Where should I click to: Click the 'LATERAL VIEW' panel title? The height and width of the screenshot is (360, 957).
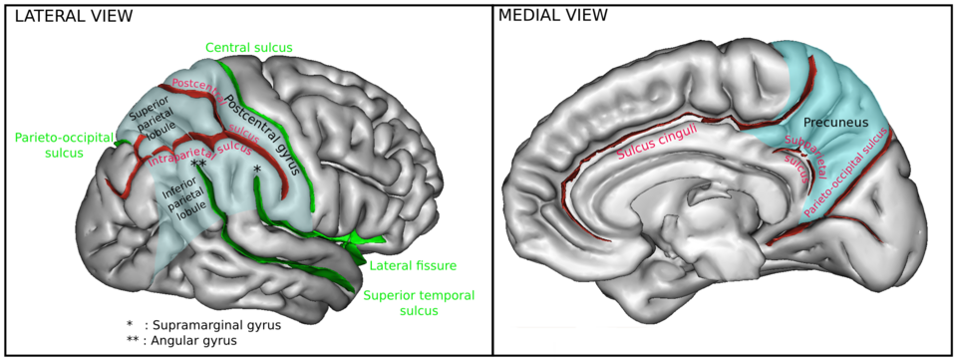coord(73,17)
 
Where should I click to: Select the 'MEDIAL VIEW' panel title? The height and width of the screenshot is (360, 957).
coord(553,16)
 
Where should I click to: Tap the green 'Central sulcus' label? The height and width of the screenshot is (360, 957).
coord(249,47)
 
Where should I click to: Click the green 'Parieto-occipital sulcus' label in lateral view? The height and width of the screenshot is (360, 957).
coord(64,146)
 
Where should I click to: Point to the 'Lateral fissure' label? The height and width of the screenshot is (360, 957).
coord(413,265)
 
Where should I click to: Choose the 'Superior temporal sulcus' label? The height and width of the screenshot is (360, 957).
coord(419,303)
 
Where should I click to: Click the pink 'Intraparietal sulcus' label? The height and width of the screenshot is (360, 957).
coord(199,155)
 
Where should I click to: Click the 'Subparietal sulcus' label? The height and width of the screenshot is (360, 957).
coord(804,158)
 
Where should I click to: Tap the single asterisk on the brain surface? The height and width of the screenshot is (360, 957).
coord(257,169)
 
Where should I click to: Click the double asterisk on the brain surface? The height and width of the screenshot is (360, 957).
coord(198,165)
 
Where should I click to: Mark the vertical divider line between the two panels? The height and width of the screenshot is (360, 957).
coord(492,180)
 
